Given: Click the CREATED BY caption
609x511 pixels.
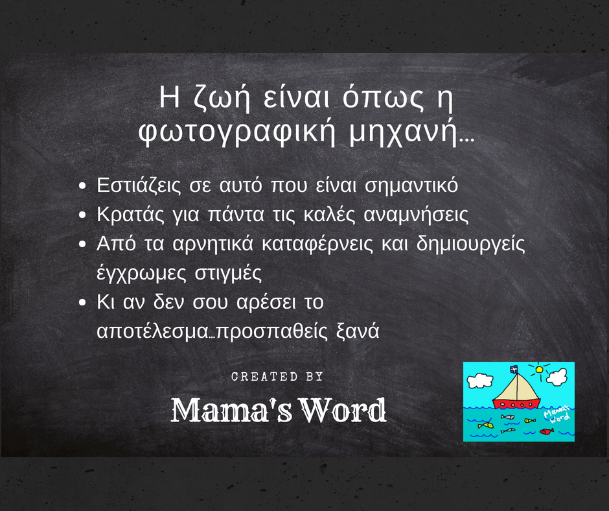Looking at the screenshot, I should tap(277, 377).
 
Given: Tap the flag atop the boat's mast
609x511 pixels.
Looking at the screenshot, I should tap(514, 369).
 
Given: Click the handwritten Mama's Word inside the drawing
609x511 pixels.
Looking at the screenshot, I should tap(555, 414).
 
